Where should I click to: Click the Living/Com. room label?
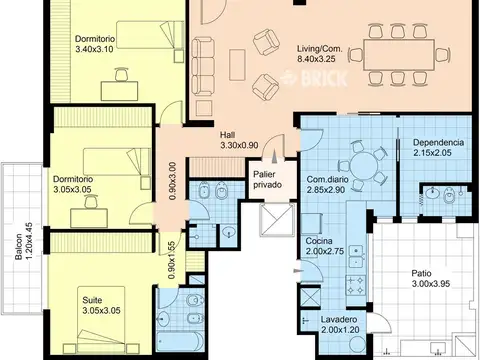[319, 49]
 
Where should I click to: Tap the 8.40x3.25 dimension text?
[316, 59]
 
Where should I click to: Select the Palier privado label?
[267, 179]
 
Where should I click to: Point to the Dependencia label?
[438, 142]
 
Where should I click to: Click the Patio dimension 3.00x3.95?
[431, 284]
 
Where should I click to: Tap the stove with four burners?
[356, 285]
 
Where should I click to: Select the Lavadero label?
[339, 319]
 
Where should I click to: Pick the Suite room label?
[92, 300]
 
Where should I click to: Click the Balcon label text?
[19, 246]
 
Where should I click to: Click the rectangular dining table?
[399, 55]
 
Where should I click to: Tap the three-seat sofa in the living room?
[203, 67]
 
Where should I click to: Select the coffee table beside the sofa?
[237, 65]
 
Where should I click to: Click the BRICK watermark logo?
[314, 78]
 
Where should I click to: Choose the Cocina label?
[319, 241]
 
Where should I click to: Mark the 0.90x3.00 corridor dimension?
[172, 181]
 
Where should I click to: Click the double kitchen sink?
[356, 256]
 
